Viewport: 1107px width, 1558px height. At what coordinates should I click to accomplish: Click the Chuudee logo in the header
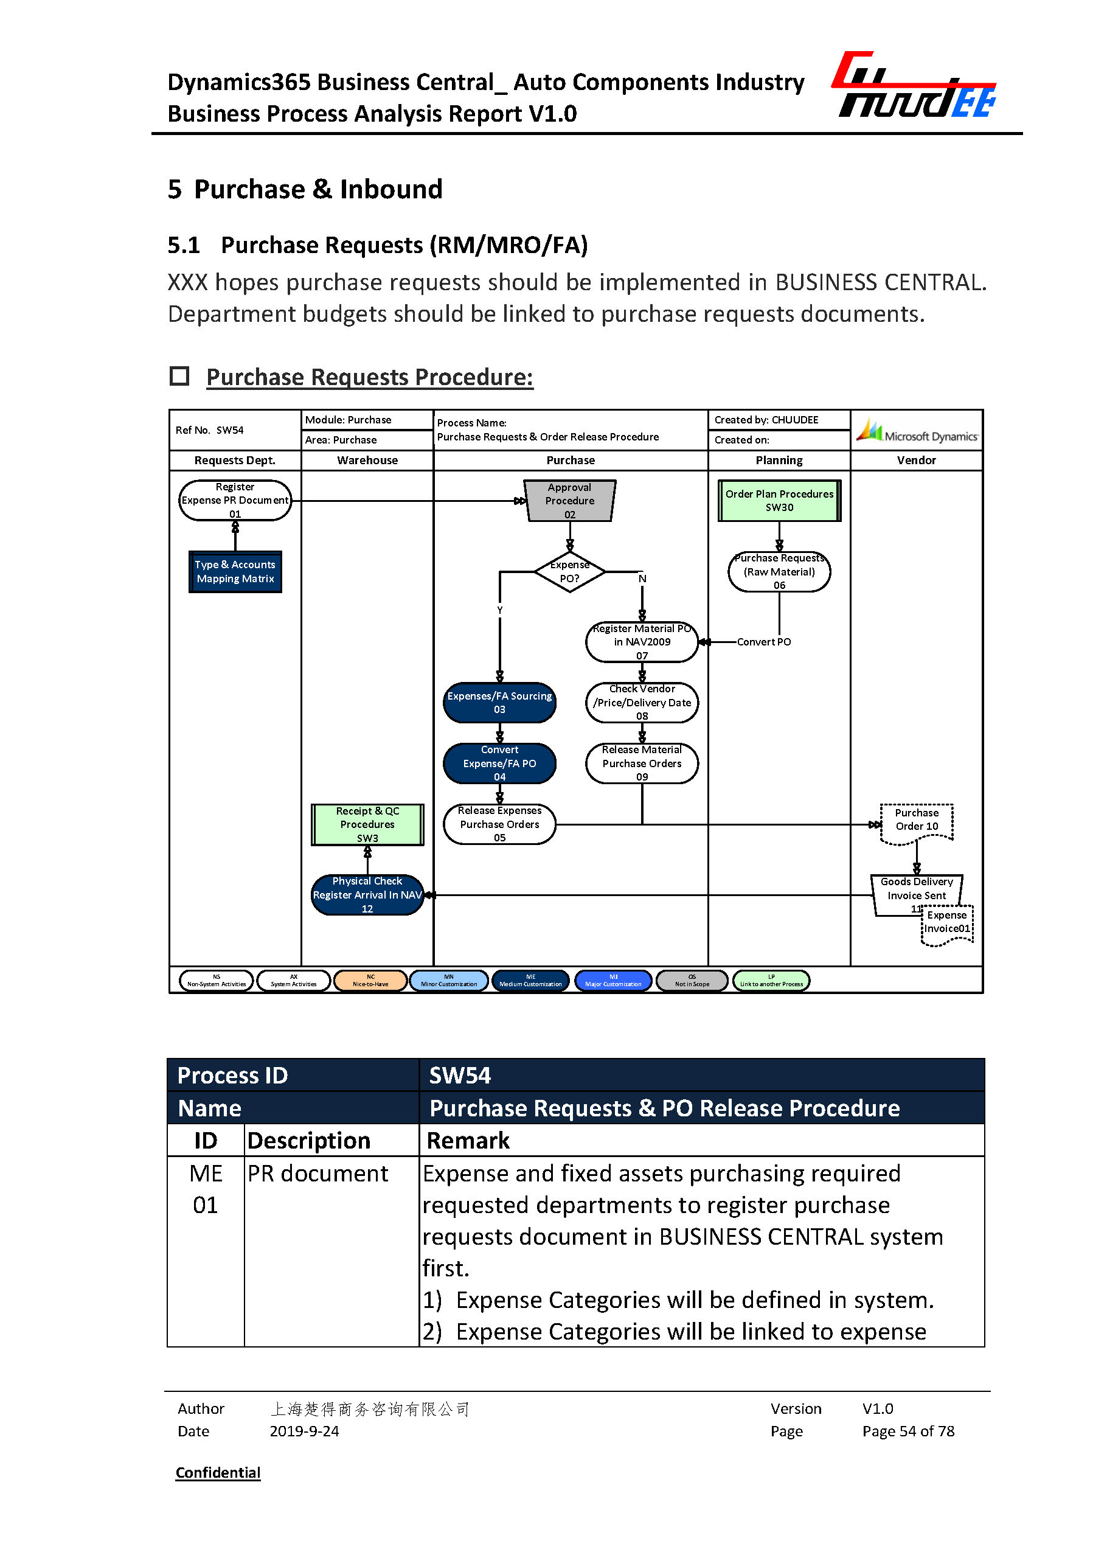click(x=914, y=86)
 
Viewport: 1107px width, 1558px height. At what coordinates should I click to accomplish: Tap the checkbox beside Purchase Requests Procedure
click(x=179, y=376)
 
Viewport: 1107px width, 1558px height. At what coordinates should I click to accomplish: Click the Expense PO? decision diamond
click(x=569, y=572)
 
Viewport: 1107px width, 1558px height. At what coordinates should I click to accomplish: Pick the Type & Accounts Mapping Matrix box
click(x=235, y=572)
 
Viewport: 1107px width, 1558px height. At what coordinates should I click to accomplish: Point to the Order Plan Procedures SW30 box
click(x=779, y=501)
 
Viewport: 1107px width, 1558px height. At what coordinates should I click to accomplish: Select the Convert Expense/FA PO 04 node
click(x=499, y=763)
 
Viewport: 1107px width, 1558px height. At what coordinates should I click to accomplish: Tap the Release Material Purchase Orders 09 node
click(x=642, y=763)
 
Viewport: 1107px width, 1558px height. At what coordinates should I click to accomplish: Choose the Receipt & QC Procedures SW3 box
click(x=367, y=824)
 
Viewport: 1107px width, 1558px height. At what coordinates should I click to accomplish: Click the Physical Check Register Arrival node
click(x=367, y=894)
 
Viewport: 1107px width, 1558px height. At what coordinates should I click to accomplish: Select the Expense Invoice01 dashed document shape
click(x=947, y=925)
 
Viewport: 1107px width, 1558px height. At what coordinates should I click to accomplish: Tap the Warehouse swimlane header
click(x=367, y=461)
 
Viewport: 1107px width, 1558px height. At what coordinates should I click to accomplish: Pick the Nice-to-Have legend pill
click(x=370, y=981)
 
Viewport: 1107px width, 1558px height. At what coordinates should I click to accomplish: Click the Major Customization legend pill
click(x=613, y=981)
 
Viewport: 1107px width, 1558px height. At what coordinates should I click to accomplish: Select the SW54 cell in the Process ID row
click(x=701, y=1075)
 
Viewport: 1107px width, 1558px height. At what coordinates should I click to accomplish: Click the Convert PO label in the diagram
click(x=763, y=642)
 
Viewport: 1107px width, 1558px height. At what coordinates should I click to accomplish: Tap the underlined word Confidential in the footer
click(x=218, y=1473)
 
